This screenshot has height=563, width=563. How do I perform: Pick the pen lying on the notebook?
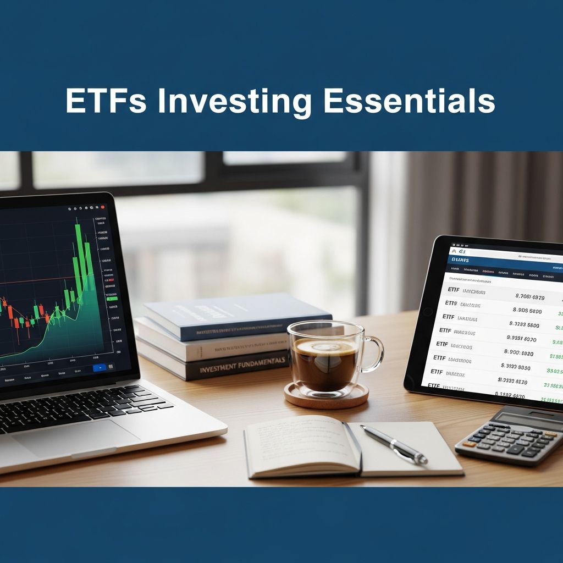point(394,444)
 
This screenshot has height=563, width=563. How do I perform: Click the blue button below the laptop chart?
point(100,367)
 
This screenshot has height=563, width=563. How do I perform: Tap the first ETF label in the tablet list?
point(454,290)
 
